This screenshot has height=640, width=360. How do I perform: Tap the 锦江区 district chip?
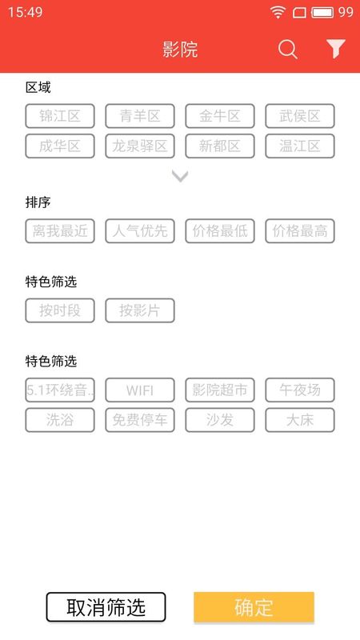(x=60, y=116)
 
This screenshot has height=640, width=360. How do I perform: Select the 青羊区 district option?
(x=140, y=116)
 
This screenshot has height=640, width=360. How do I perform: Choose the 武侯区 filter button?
(x=300, y=116)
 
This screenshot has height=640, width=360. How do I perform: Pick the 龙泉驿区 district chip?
(x=140, y=146)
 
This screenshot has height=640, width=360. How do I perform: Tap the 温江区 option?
(x=300, y=146)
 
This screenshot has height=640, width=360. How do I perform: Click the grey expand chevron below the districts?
(x=180, y=176)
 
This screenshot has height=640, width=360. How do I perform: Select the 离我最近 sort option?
(x=60, y=231)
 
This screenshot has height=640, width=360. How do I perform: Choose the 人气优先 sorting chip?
(x=140, y=231)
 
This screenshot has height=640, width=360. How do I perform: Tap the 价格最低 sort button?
(x=220, y=231)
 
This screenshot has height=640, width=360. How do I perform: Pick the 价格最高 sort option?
(x=300, y=231)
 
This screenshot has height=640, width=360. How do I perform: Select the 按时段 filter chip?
(x=60, y=310)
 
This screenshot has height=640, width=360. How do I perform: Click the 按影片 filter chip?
(x=140, y=310)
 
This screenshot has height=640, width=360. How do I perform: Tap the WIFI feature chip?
(x=140, y=390)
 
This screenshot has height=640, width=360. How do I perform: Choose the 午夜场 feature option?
(x=300, y=390)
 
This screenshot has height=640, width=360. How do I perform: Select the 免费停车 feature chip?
(x=140, y=420)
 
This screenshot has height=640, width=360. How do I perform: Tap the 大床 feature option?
(x=300, y=420)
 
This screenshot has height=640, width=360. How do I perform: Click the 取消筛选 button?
(x=106, y=607)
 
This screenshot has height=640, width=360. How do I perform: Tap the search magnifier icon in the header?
(x=288, y=50)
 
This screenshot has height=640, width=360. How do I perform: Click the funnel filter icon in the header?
(x=336, y=49)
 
